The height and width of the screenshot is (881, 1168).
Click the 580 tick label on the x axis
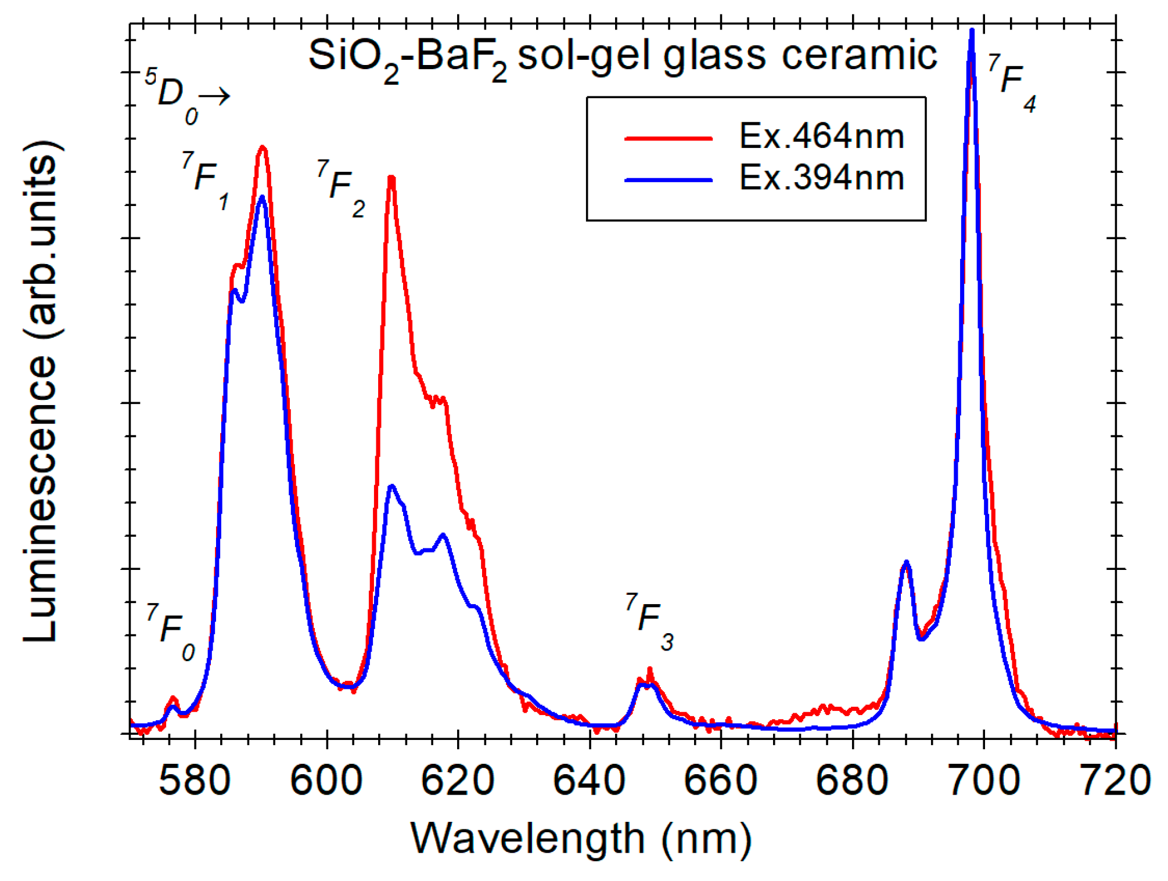coord(195,780)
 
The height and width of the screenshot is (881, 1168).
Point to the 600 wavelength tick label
coord(326,780)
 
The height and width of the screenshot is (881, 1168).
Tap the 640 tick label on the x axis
coord(589,780)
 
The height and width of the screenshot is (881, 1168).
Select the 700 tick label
coord(983,780)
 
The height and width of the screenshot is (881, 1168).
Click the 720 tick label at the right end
coord(1114,780)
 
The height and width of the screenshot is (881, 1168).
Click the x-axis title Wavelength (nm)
coord(581,839)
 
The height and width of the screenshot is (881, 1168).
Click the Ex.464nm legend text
coord(821,136)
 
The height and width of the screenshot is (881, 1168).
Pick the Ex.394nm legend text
coord(821,178)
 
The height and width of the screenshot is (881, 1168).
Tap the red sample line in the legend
coord(668,138)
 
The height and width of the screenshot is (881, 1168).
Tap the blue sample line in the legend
coord(668,180)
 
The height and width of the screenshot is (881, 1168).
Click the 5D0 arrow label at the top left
coord(186,96)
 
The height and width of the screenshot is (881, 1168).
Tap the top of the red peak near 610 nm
coord(391,178)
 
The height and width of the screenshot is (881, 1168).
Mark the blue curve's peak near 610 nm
coord(392,486)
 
